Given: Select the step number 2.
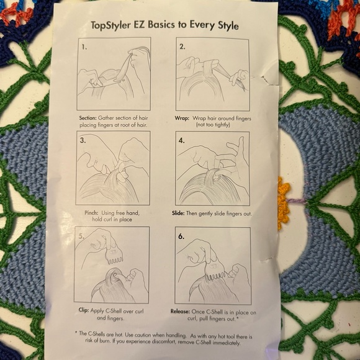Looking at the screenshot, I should click(182, 46).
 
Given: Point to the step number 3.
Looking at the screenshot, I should click(83, 140).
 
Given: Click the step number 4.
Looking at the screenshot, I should click(182, 140).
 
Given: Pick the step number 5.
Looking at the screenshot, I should click(81, 235).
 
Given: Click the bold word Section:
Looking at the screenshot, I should click(88, 117).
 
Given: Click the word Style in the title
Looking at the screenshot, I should click(225, 27).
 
